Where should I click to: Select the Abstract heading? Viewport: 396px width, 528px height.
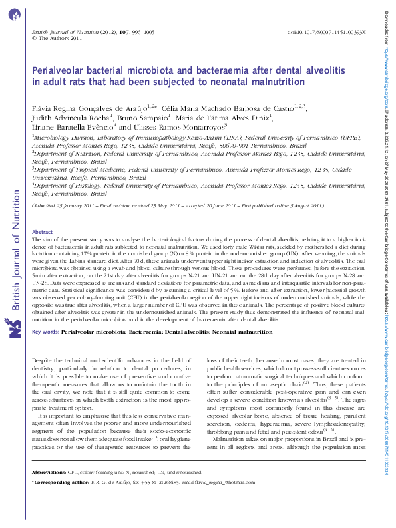42,195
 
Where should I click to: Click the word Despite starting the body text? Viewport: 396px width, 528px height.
43,359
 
